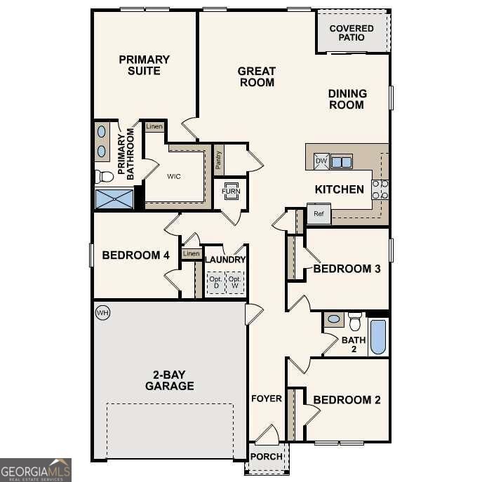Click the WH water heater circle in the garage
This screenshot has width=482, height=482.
pyautogui.click(x=102, y=312)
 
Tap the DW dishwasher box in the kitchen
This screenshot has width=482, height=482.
pyautogui.click(x=320, y=161)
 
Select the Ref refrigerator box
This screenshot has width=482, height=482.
pyautogui.click(x=319, y=213)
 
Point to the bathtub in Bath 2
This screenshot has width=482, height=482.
pyautogui.click(x=377, y=337)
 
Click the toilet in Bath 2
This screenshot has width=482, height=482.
pyautogui.click(x=354, y=321)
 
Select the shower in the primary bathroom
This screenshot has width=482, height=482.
pyautogui.click(x=114, y=199)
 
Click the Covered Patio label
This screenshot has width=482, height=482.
pyautogui.click(x=352, y=32)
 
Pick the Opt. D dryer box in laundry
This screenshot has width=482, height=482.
pyautogui.click(x=215, y=283)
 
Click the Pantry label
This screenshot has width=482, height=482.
pyautogui.click(x=219, y=161)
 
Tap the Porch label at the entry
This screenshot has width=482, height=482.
pyautogui.click(x=267, y=457)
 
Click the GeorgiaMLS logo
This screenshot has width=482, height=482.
pyautogui.click(x=35, y=469)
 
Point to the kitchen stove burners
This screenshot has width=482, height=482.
pyautogui.click(x=380, y=189)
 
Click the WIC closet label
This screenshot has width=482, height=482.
pyautogui.click(x=174, y=176)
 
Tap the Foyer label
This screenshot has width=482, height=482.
pyautogui.click(x=267, y=399)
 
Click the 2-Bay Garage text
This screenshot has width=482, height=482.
pyautogui.click(x=169, y=380)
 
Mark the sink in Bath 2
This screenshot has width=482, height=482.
pyautogui.click(x=333, y=320)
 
